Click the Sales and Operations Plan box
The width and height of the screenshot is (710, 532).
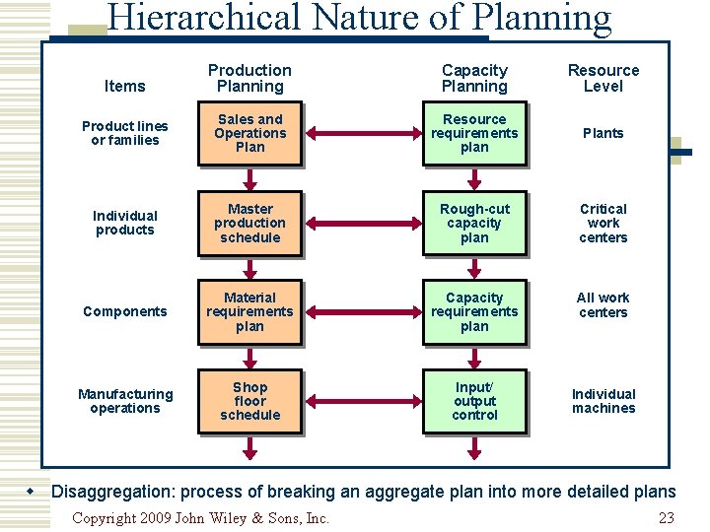tap(249, 133)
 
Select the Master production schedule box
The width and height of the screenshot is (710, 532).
tap(249, 223)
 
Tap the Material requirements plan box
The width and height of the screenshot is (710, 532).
tap(249, 311)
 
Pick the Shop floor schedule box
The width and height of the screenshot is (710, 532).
tap(249, 401)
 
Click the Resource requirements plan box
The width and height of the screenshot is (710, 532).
tap(474, 133)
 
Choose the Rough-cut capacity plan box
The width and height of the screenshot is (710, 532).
tap(474, 223)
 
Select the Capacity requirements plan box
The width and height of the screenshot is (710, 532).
tap(474, 311)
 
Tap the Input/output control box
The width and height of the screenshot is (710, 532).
tap(474, 401)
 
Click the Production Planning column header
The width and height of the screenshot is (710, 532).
tap(249, 78)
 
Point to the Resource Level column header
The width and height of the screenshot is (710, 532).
tap(603, 78)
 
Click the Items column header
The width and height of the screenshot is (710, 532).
tap(124, 86)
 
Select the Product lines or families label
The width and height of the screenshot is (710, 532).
tap(124, 133)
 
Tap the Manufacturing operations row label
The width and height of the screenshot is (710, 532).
tap(124, 401)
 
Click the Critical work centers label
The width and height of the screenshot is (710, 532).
tap(603, 223)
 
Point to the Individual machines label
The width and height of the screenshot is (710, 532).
tap(603, 401)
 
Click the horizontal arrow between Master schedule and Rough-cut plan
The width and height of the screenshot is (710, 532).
tap(362, 223)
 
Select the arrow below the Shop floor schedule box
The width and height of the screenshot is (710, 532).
tap(249, 448)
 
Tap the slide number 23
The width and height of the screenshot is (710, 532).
tap(666, 518)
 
